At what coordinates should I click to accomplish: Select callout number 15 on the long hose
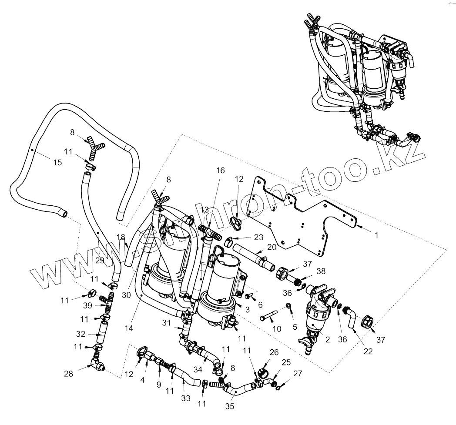[57, 162]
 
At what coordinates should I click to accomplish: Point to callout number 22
[368, 351]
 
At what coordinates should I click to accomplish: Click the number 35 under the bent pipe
[229, 406]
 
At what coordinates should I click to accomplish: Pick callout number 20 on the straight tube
[272, 247]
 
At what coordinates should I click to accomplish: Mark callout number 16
[220, 170]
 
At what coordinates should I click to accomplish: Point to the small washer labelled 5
[289, 308]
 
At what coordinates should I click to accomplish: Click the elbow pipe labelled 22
[350, 320]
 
